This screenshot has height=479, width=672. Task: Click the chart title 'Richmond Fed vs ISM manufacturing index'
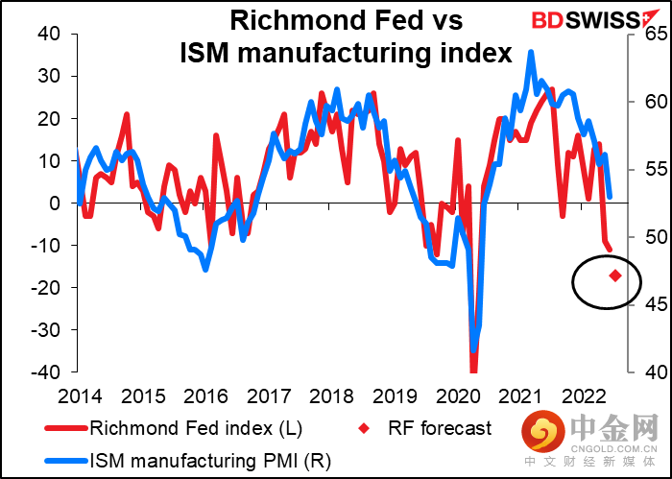click(x=346, y=36)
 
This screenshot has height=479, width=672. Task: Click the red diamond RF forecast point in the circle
click(x=614, y=276)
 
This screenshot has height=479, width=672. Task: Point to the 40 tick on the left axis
click(x=47, y=35)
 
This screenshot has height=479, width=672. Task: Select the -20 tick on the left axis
click(x=42, y=288)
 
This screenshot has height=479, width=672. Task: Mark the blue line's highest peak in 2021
click(x=531, y=51)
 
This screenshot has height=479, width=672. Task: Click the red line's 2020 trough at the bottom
click(x=473, y=370)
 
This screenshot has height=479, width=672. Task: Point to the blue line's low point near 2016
click(x=205, y=270)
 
